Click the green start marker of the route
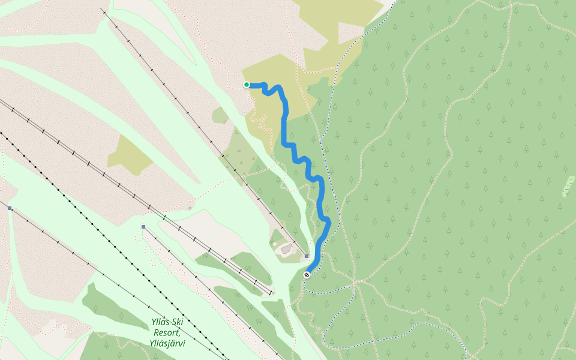point(247,85)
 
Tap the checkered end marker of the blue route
point(307,275)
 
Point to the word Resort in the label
point(166,333)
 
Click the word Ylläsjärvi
point(167,344)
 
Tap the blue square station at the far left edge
point(10,208)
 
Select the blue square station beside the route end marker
point(306,256)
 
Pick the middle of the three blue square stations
point(143,227)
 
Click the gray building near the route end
point(287,248)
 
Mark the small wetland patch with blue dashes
point(567,187)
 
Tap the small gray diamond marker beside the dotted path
point(190,208)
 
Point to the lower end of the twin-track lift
point(271,294)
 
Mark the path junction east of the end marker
point(355,281)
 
